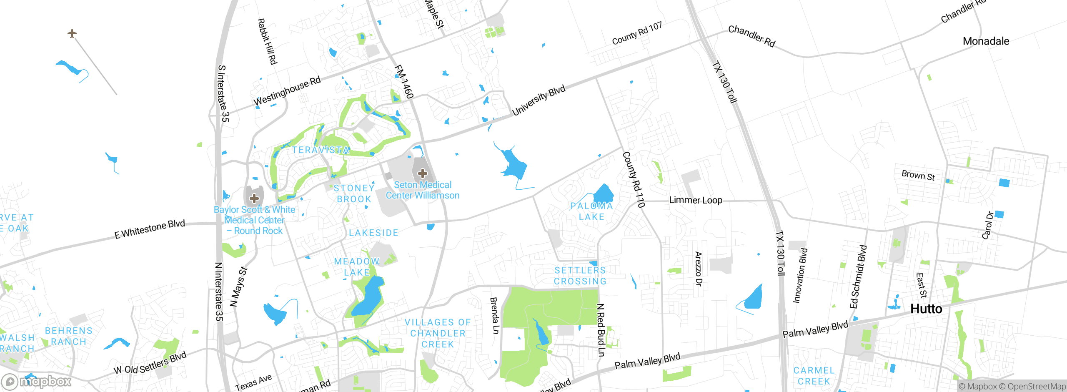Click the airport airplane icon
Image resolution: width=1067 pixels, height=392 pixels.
click(72, 33)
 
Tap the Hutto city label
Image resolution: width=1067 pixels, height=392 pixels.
click(926, 309)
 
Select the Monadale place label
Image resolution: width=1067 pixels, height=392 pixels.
click(986, 41)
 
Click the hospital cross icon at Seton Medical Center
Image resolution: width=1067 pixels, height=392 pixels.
click(422, 173)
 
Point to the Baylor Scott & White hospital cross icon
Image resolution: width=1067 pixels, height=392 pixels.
click(254, 199)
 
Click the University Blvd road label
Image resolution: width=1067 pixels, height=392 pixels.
click(539, 100)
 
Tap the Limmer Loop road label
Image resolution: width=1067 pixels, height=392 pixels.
click(695, 200)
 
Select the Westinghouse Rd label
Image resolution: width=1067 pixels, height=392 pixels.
click(287, 91)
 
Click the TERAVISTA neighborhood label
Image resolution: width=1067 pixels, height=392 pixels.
click(321, 150)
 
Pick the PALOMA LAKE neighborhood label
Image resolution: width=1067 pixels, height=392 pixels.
click(591, 211)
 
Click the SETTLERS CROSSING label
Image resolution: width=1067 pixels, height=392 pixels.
click(580, 276)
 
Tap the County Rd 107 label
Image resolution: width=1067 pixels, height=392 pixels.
click(637, 33)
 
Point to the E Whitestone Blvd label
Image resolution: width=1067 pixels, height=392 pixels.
click(150, 229)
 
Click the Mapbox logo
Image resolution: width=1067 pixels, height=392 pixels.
click(37, 382)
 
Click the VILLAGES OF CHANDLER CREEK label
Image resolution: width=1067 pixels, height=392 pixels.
click(438, 333)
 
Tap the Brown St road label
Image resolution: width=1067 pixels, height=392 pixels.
click(918, 176)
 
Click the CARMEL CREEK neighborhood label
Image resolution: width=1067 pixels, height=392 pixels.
click(814, 376)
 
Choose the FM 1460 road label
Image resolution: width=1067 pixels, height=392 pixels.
click(404, 82)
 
